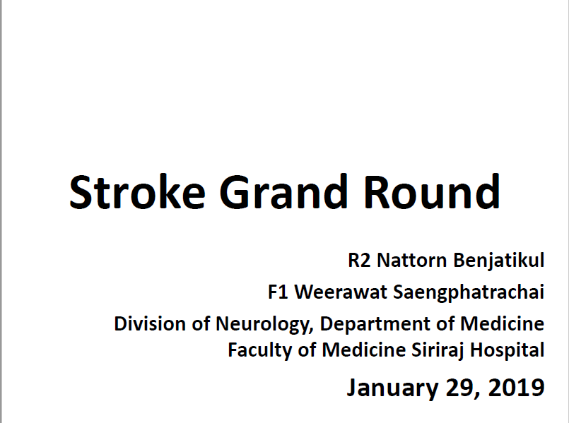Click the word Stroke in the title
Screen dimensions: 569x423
(137, 192)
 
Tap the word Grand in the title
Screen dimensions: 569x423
(283, 192)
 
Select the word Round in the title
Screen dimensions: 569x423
(432, 192)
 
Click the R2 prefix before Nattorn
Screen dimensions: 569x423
(359, 261)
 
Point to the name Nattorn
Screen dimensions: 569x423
(412, 261)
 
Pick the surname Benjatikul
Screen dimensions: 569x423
(499, 261)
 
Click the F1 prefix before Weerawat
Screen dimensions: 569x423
(278, 292)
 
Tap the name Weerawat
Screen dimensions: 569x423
(341, 292)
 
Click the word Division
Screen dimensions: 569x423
(150, 323)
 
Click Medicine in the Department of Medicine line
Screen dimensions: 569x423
(503, 323)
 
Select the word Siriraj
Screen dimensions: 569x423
(438, 350)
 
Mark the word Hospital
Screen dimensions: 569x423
(508, 350)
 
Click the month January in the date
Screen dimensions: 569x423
(392, 388)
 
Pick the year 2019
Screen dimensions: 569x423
(516, 387)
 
